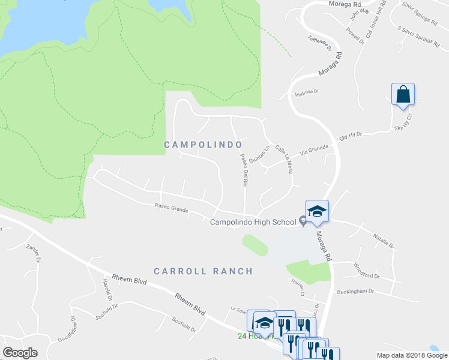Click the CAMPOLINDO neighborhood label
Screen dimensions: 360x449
tap(203, 145)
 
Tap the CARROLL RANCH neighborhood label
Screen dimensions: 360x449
tap(203, 271)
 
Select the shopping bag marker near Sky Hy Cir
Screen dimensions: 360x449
tap(403, 95)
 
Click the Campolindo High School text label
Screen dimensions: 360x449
tap(253, 222)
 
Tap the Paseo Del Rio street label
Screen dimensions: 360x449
tap(244, 170)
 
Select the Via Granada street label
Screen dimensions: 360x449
tap(315, 148)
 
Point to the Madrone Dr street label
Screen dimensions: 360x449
tap(306, 93)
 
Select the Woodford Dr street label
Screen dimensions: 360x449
tap(367, 271)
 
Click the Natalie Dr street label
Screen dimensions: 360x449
tap(382, 241)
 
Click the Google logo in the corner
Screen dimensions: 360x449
tap(20, 353)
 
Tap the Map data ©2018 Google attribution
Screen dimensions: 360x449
tap(411, 355)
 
